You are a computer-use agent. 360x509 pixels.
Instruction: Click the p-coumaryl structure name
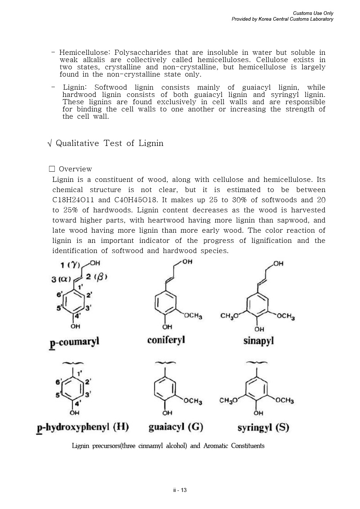point(74,342)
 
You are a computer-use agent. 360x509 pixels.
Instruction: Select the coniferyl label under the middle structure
point(166,340)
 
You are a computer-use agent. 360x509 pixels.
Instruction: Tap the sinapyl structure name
point(258,341)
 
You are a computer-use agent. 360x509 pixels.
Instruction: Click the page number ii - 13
point(180,490)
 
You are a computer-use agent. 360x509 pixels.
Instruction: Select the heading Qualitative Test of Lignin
point(109,143)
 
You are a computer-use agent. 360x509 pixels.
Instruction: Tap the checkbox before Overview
point(52,169)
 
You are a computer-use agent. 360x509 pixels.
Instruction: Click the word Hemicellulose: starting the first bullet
point(85,53)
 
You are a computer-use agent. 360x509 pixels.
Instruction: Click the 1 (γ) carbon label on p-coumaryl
point(70,265)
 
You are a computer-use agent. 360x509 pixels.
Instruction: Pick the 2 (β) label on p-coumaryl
point(97,277)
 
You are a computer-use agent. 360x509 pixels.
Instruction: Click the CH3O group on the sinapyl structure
point(229,315)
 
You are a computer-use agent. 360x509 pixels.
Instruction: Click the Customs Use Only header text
point(313,13)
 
